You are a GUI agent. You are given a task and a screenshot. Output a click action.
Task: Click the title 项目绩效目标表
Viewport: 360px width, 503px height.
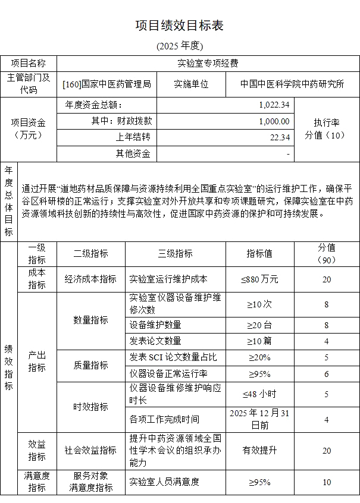coord(180,26)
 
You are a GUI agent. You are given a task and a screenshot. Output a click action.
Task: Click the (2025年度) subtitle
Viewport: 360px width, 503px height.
coord(180,46)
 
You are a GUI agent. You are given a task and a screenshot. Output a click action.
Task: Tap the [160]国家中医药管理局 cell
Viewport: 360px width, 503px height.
coord(107,84)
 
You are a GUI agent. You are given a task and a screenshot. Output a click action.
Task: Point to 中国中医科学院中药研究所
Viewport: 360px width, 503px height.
coord(292,84)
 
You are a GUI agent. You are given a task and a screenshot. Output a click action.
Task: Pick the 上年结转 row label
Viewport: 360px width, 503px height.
coord(133,137)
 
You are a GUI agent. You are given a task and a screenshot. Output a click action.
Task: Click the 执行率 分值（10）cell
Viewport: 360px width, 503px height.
coord(326,129)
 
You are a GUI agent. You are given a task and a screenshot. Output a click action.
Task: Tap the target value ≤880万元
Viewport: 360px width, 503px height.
coord(259,279)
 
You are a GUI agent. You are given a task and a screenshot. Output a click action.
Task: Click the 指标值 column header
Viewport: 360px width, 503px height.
coord(259,253)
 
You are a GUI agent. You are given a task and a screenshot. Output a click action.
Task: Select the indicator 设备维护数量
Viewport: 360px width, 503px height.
coord(155,325)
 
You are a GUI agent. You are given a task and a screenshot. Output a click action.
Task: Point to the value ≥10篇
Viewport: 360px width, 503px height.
coord(259,341)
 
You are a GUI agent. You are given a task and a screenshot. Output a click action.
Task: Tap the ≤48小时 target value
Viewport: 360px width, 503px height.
coord(259,394)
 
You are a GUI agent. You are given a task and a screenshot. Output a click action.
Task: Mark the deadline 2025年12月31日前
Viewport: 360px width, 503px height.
coord(259,419)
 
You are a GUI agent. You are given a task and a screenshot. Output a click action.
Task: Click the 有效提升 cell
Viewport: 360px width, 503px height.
coord(259,450)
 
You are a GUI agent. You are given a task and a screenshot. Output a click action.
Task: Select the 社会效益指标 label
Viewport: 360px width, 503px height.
coord(90,450)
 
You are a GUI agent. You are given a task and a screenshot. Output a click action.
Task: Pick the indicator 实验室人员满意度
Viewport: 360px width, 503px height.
coord(164,482)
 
